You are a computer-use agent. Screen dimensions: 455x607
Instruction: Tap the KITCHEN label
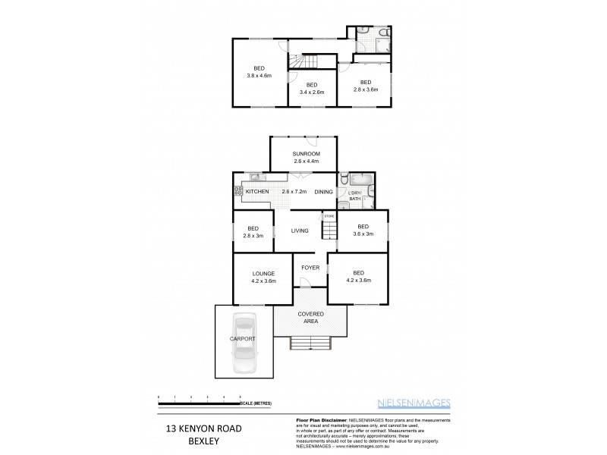257,192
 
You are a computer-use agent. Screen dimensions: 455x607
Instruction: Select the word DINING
323,192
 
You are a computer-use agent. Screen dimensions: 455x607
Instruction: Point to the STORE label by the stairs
329,216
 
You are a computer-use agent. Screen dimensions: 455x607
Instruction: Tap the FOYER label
310,268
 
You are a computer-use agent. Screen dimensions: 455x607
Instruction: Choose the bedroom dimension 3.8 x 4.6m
258,75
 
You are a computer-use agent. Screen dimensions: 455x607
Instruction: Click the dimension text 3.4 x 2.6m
311,93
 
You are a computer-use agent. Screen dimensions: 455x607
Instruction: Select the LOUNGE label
263,274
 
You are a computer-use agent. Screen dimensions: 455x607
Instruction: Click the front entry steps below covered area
310,345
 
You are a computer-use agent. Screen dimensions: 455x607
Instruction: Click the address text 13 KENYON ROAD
203,428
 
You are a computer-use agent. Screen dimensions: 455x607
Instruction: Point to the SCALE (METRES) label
257,403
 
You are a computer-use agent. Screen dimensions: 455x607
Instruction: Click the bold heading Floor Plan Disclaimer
319,419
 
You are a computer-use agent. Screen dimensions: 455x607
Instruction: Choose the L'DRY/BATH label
354,196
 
